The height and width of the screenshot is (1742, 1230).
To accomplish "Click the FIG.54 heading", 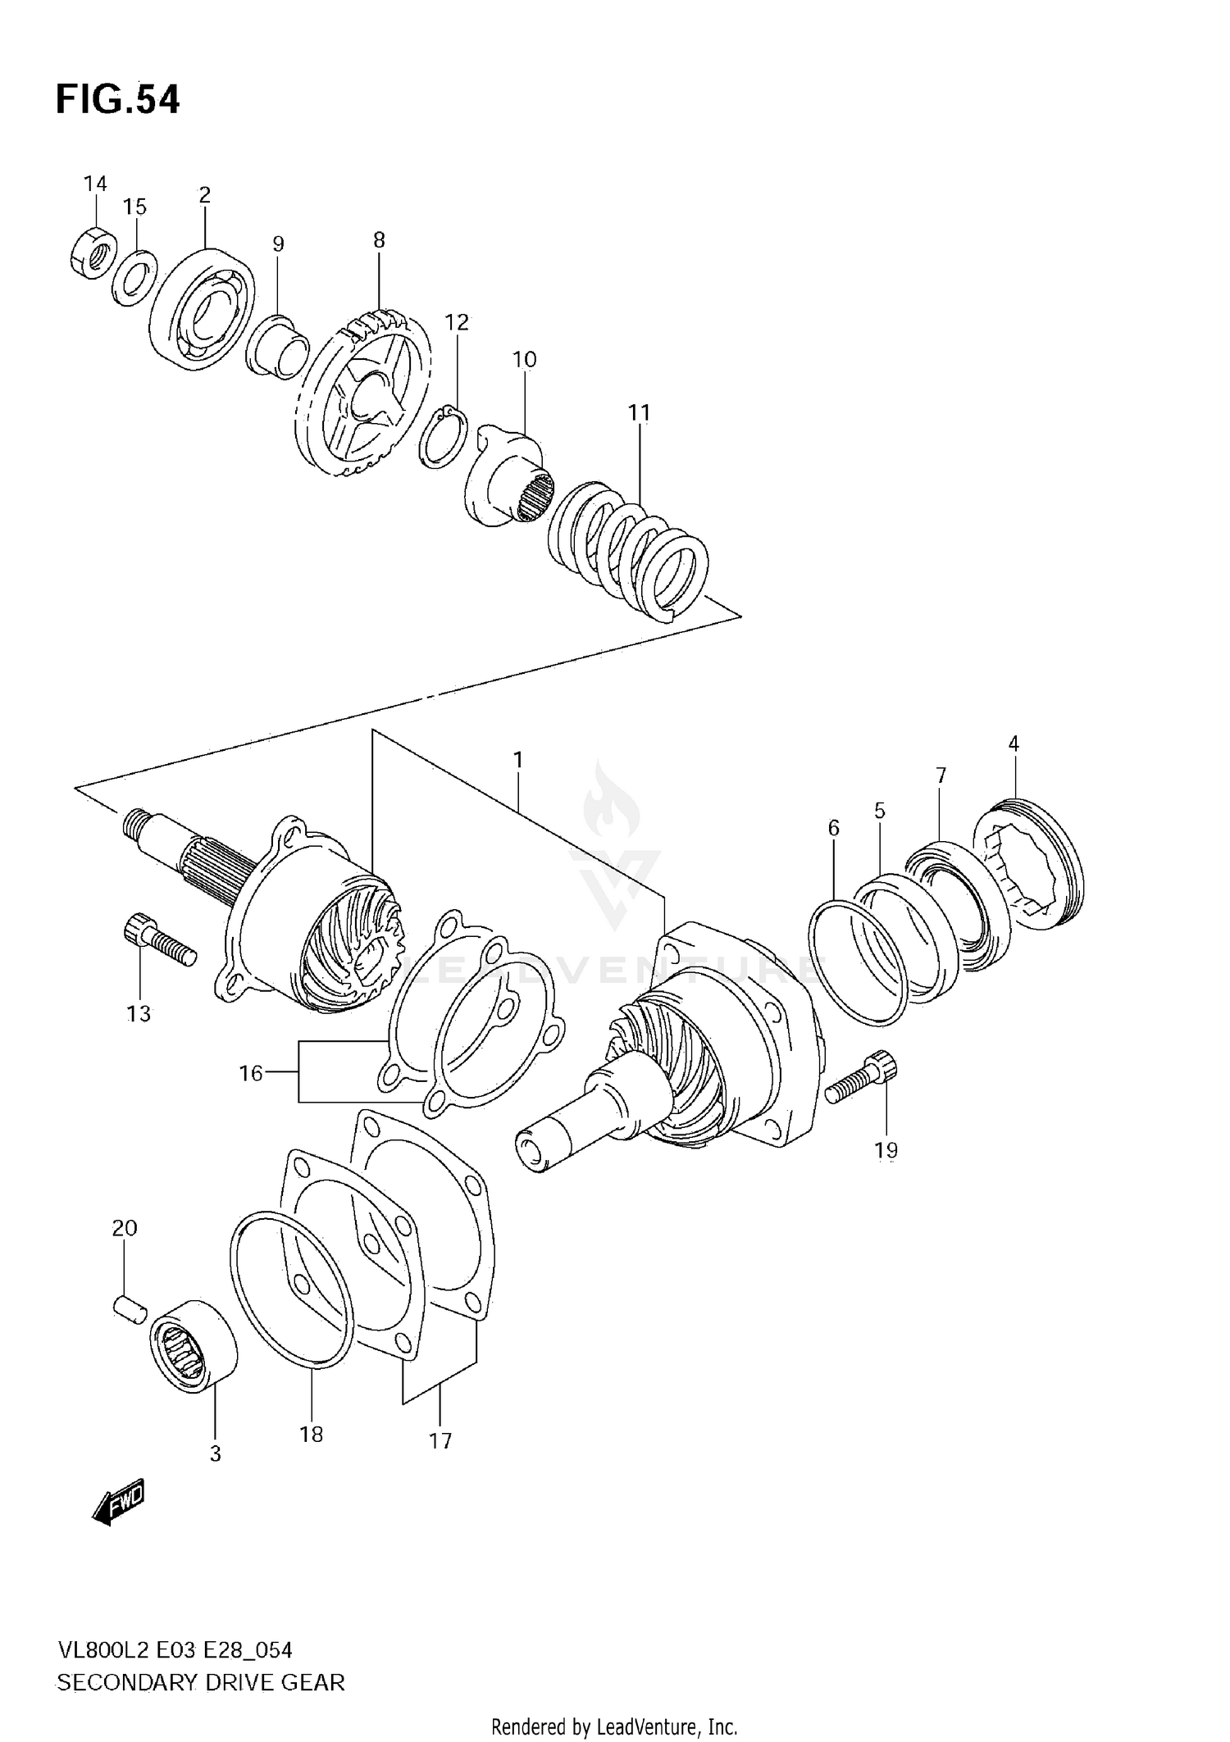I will point(117,100).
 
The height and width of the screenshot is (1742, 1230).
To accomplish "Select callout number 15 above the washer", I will point(135,207).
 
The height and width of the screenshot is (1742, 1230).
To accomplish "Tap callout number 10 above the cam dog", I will point(524,359).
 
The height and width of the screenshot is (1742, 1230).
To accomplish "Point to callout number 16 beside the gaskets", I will point(251,1072).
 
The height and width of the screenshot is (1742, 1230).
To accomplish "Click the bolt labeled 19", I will point(862,1081).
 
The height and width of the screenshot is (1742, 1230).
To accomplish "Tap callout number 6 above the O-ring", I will point(833,829).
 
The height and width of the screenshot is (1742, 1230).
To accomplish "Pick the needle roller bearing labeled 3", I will point(194,1345).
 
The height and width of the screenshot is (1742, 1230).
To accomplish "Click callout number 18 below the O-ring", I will point(312,1434).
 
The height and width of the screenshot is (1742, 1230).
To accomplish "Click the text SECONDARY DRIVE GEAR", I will point(201,1682).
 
